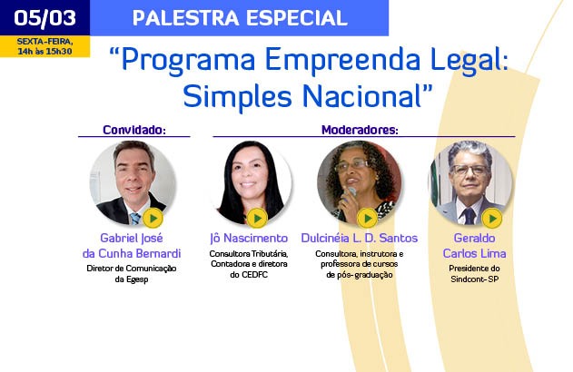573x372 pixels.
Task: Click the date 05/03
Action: coord(44,18)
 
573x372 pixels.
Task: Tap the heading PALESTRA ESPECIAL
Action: coord(240,18)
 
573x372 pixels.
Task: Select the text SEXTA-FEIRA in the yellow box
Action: coord(44,42)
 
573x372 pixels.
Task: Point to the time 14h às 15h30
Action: coord(44,51)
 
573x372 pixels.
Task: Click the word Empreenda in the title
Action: coord(342,60)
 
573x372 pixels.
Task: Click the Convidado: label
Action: coord(134,130)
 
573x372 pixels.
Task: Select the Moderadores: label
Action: coord(360,130)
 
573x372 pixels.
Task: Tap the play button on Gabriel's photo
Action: coord(153,219)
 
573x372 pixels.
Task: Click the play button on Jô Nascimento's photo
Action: coord(257,219)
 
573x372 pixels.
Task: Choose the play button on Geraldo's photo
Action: coord(492,219)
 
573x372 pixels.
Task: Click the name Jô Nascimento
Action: coord(249,239)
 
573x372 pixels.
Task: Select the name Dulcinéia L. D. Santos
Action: coord(360,239)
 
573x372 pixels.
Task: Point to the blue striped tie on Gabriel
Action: coord(135,219)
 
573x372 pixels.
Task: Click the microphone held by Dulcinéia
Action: coord(350,193)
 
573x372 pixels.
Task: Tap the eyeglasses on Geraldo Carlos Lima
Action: coord(470,170)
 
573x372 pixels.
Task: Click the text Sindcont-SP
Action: coord(474,279)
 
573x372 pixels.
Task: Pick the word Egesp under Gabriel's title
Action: coord(137,280)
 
